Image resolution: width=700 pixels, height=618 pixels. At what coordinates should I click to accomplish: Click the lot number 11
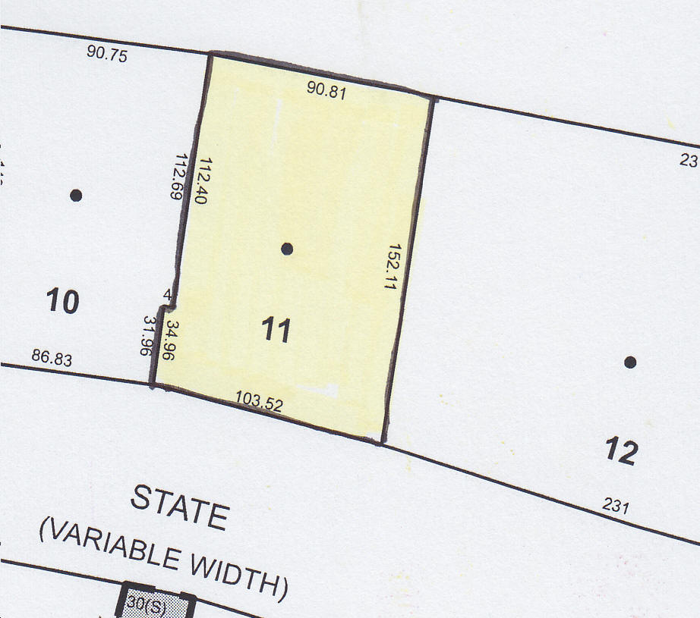pos(276,331)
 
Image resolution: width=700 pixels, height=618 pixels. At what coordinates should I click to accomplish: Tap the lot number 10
pos(62,303)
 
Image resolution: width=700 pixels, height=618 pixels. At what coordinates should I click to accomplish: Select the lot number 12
pos(621,452)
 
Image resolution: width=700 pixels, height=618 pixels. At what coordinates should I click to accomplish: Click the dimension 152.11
pos(394,268)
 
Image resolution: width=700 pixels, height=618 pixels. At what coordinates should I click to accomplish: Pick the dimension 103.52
pos(259,401)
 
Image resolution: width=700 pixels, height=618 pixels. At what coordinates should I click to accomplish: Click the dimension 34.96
pos(173,339)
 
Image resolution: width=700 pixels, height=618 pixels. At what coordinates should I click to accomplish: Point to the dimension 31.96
pos(149,337)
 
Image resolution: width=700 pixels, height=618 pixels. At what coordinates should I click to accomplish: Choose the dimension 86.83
pos(52,358)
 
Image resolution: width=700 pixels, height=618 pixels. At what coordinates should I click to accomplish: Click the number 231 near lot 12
pos(616,505)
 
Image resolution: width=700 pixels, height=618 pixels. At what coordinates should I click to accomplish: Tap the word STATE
pos(179,506)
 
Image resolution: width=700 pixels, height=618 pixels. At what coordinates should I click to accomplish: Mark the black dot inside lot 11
pos(287,248)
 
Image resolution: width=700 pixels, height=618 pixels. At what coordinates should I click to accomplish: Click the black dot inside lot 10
pos(76,195)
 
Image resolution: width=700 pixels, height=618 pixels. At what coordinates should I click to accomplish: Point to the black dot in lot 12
pos(629,362)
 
